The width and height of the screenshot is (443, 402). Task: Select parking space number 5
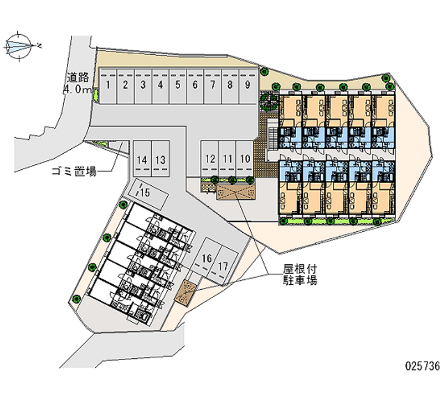178,86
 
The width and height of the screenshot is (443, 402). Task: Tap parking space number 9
248,86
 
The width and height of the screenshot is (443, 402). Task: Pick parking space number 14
142,160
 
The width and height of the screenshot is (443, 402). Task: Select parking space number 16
207,258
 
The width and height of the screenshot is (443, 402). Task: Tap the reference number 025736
422,366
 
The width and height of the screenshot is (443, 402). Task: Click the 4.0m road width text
78,89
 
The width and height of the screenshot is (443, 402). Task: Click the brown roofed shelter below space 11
235,192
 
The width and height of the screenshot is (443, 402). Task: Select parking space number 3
143,86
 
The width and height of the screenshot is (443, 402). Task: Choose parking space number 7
213,86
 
